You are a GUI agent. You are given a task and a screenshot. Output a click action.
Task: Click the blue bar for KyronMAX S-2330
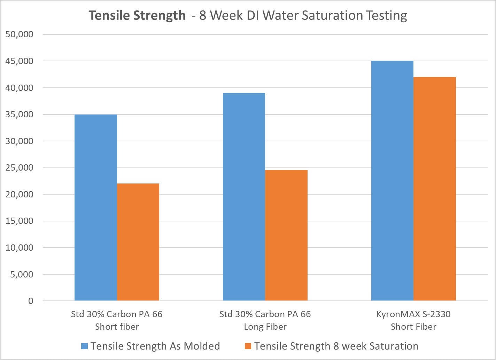coord(392,181)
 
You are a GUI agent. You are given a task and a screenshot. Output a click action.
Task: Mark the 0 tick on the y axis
coord(31,301)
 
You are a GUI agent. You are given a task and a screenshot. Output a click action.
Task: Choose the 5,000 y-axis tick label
coord(22,274)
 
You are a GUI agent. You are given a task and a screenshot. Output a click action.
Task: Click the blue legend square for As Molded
coord(84,346)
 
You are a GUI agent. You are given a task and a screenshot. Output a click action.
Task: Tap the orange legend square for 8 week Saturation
coord(248,346)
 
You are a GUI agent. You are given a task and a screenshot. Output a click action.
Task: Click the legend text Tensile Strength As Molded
coord(155,346)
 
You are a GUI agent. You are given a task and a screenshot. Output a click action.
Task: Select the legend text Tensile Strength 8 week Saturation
coord(336,346)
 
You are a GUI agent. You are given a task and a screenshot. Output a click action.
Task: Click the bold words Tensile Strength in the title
coord(137,16)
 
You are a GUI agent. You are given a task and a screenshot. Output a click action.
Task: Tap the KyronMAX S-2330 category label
coord(413,314)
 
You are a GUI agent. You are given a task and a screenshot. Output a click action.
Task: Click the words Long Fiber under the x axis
coord(265,327)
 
